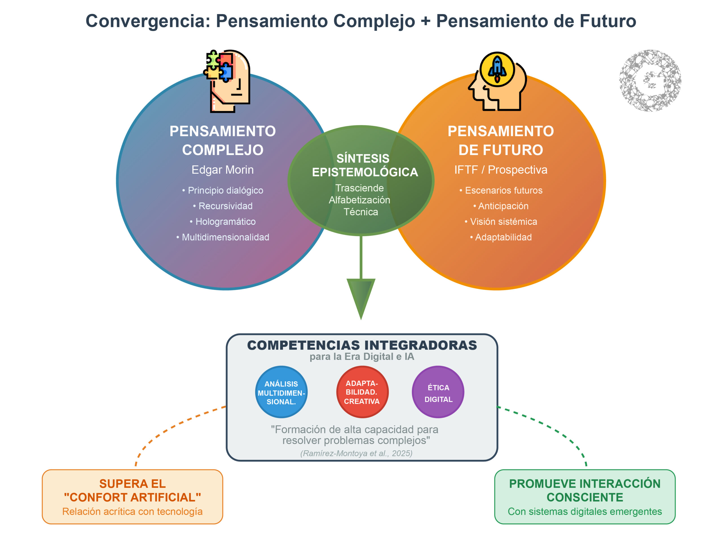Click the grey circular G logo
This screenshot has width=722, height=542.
[650, 81]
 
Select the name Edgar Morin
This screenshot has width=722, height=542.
[222, 170]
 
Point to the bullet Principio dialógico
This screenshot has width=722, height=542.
[223, 191]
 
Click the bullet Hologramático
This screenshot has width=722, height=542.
[223, 222]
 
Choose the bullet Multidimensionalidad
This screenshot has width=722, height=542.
[223, 237]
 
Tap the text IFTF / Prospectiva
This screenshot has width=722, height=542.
[501, 170]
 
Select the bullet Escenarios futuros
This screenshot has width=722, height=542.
[501, 191]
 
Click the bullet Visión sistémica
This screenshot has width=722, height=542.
[501, 222]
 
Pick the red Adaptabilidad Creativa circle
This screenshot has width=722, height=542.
[362, 392]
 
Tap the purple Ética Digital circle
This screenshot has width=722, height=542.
[438, 392]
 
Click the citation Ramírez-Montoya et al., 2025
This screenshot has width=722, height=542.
[356, 453]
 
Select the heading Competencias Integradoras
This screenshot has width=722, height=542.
[362, 345]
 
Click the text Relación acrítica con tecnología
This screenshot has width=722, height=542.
[132, 512]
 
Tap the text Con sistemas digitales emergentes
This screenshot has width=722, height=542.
[585, 512]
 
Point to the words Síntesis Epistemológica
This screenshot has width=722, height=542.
[365, 165]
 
